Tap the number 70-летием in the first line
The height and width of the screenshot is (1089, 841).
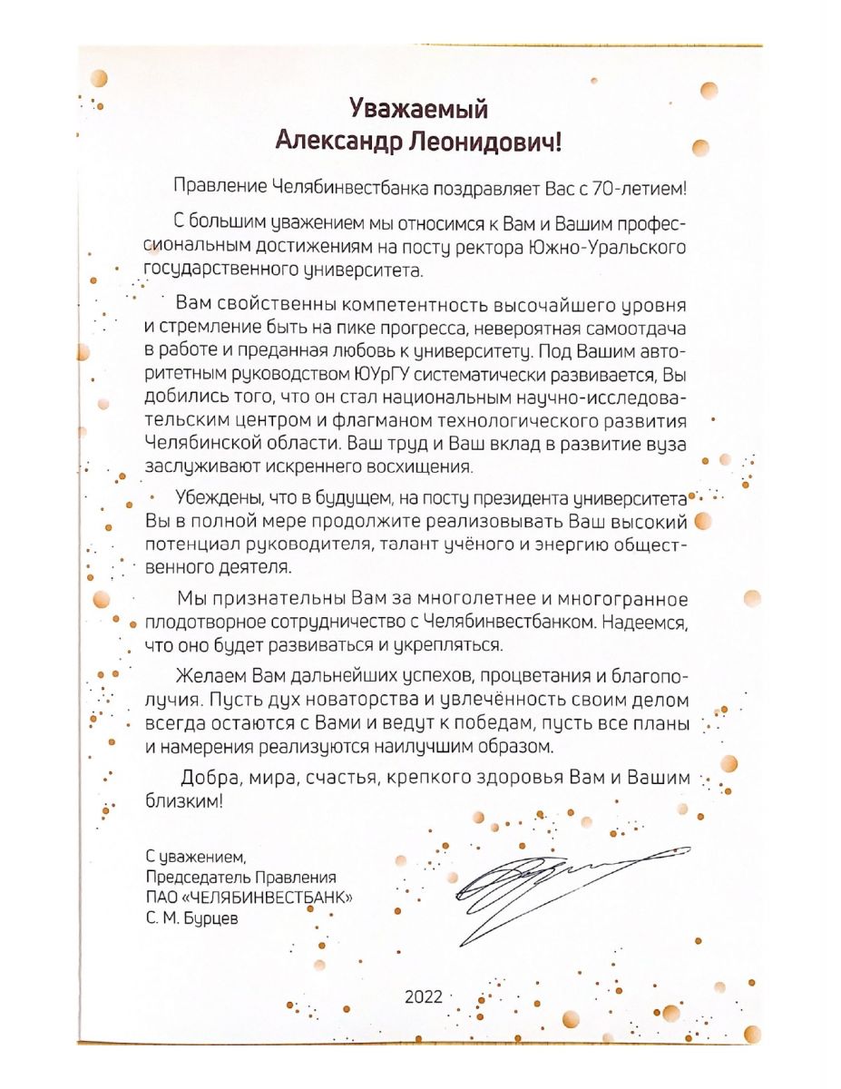click(640, 189)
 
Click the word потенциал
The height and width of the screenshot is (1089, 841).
click(188, 545)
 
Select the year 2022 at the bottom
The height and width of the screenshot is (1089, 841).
click(423, 996)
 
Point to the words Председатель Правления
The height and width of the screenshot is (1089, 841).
click(240, 878)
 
